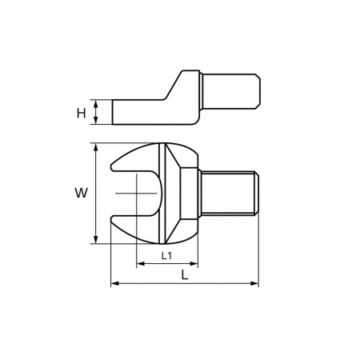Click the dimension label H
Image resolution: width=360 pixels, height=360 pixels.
81,113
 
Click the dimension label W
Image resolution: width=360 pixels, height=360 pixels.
81,193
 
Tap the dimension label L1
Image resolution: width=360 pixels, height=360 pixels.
166,256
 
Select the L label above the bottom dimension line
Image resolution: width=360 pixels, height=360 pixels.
185,274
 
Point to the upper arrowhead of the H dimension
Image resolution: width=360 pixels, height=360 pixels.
96,103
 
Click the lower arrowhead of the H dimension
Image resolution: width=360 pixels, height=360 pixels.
96,121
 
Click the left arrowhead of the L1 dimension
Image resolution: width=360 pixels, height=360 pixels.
140,264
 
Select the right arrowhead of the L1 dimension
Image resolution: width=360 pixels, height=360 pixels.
194,264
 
